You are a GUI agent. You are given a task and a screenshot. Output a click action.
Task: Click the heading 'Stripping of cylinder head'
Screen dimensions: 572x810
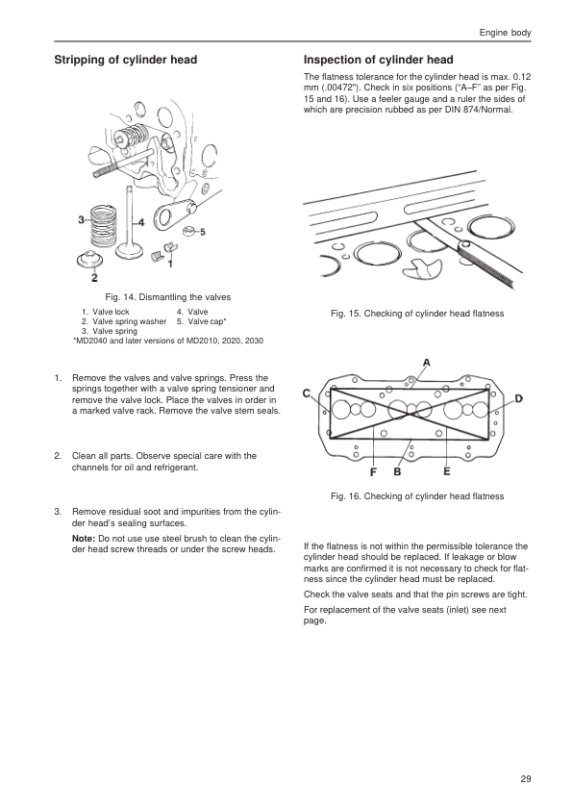[125, 60]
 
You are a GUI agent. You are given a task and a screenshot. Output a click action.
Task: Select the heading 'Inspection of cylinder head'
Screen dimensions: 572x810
[379, 60]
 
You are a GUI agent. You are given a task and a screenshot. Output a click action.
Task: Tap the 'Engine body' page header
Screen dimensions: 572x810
[505, 33]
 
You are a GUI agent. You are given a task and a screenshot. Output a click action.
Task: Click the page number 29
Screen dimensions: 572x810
[526, 779]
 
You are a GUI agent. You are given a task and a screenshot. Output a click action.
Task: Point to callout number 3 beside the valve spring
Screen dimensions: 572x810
[81, 220]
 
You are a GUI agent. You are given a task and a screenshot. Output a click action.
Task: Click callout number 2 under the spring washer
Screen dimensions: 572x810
[94, 278]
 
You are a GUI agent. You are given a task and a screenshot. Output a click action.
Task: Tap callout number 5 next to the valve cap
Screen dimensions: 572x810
[203, 232]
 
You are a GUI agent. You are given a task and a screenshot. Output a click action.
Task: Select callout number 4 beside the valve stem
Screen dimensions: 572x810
[141, 222]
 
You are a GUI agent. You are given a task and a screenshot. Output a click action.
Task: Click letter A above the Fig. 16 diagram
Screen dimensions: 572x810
[427, 363]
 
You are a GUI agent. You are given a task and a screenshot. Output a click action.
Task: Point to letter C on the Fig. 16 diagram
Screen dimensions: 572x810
[307, 393]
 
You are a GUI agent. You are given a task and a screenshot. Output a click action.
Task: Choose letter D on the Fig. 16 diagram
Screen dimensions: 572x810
[519, 398]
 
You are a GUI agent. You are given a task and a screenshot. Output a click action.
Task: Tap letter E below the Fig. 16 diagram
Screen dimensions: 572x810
[447, 471]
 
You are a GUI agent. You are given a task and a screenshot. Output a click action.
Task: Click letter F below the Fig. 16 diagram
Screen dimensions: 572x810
[373, 472]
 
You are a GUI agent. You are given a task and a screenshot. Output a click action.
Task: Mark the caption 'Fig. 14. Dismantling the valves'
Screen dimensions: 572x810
[168, 297]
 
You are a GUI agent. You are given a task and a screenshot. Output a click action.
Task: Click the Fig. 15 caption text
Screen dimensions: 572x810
[417, 314]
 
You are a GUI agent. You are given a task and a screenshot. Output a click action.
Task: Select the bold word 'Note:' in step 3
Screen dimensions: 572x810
[84, 539]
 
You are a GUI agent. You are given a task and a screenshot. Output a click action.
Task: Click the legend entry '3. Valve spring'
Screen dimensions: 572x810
[110, 331]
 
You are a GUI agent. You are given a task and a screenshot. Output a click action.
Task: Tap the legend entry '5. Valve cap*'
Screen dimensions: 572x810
[201, 321]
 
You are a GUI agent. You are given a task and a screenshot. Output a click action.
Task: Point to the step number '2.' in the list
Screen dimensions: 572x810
[59, 456]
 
